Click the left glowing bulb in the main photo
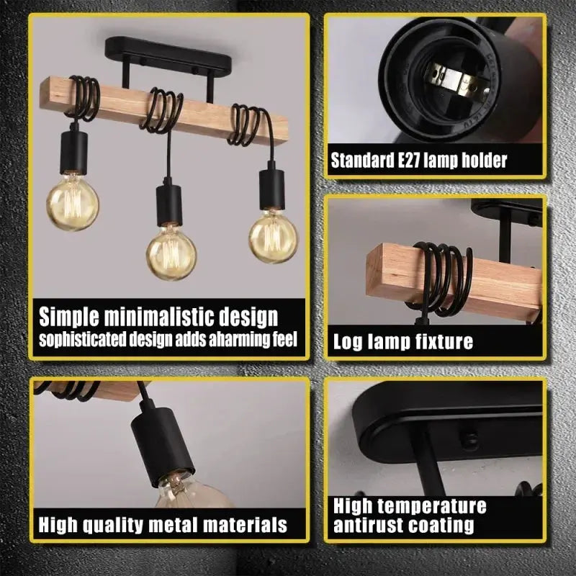(x=73, y=202)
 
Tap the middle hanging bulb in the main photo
(x=171, y=253)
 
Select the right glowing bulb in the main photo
(x=274, y=236)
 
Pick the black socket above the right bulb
(x=272, y=189)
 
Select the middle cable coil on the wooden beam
(x=161, y=110)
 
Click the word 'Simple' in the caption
(x=68, y=317)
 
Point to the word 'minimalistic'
(x=158, y=316)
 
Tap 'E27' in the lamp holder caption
(x=409, y=160)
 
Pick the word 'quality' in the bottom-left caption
(x=112, y=525)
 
